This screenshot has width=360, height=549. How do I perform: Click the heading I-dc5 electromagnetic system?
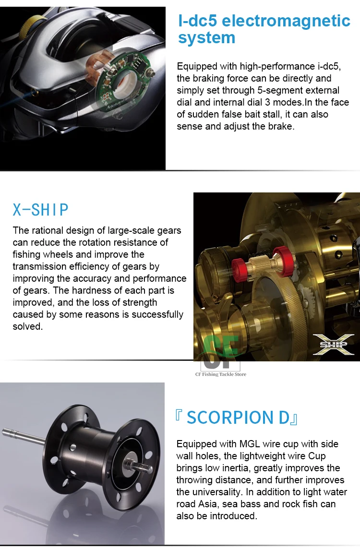click(264, 29)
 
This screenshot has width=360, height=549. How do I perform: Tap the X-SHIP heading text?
click(40, 210)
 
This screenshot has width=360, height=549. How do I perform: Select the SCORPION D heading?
click(236, 418)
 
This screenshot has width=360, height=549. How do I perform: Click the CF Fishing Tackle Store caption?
click(221, 374)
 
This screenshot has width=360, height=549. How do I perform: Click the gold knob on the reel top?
click(27, 26)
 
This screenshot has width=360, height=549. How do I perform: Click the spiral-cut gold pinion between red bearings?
click(260, 265)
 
